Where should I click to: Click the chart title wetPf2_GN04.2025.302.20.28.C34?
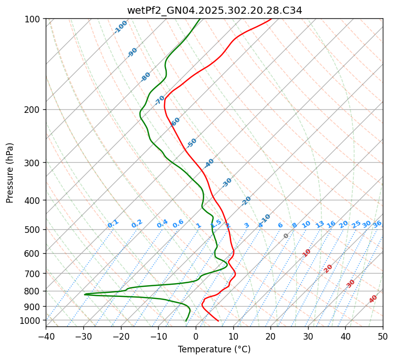(214, 10)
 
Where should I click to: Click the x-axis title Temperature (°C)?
(214, 349)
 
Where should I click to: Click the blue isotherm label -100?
(120, 27)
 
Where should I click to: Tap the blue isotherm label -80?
(146, 77)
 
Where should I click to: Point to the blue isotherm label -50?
(192, 143)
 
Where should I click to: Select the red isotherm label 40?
(373, 299)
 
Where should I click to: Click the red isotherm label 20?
(328, 268)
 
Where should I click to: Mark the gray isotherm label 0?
(286, 236)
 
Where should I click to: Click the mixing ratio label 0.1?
(113, 223)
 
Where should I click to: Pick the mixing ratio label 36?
(377, 224)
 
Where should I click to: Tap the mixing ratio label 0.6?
(178, 224)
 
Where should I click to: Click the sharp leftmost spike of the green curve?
(85, 294)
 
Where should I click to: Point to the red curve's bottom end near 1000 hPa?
(219, 321)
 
